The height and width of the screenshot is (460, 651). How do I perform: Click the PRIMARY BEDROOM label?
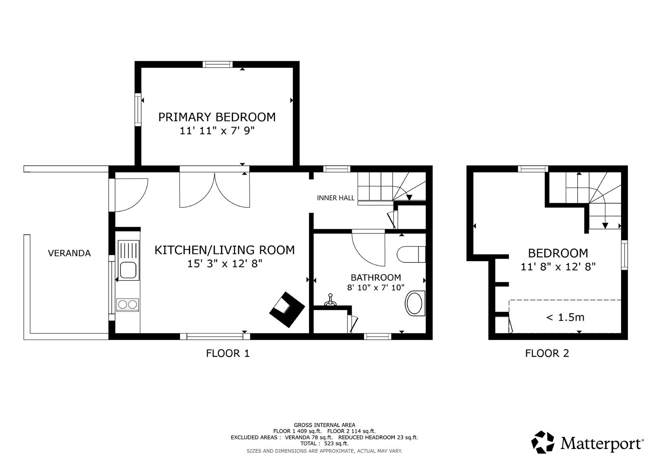pyautogui.click(x=217, y=117)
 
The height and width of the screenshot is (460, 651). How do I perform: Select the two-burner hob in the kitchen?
pyautogui.click(x=128, y=304)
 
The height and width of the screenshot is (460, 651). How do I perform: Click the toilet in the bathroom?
pyautogui.click(x=411, y=255)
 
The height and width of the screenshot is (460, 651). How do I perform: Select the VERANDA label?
pyautogui.click(x=69, y=253)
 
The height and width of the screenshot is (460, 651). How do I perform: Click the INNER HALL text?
pyautogui.click(x=336, y=198)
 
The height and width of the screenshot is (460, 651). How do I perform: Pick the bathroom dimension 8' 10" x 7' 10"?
pyautogui.click(x=376, y=287)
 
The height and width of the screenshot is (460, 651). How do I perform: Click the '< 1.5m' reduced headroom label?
pyautogui.click(x=565, y=317)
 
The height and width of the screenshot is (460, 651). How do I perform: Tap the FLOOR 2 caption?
pyautogui.click(x=547, y=353)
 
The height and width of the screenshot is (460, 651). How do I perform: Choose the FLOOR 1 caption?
pyautogui.click(x=228, y=353)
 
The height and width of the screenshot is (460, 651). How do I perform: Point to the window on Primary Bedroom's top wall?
pyautogui.click(x=217, y=64)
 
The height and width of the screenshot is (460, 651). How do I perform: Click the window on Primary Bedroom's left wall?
pyautogui.click(x=138, y=109)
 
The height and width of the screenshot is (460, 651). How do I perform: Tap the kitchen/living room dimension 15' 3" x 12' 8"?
pyautogui.click(x=224, y=264)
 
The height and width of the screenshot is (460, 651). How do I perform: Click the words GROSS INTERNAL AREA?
pyautogui.click(x=324, y=425)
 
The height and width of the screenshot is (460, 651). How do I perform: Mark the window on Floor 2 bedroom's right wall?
pyautogui.click(x=624, y=255)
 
